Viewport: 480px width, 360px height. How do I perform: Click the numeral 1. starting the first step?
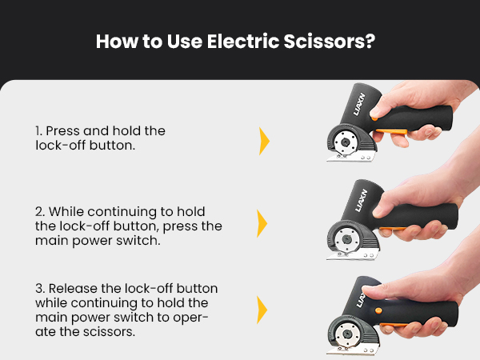click(x=39, y=130)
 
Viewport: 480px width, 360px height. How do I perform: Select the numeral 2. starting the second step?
click(x=40, y=212)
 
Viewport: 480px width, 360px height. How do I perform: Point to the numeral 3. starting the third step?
click(x=40, y=288)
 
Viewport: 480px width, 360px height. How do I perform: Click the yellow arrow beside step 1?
click(x=264, y=141)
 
